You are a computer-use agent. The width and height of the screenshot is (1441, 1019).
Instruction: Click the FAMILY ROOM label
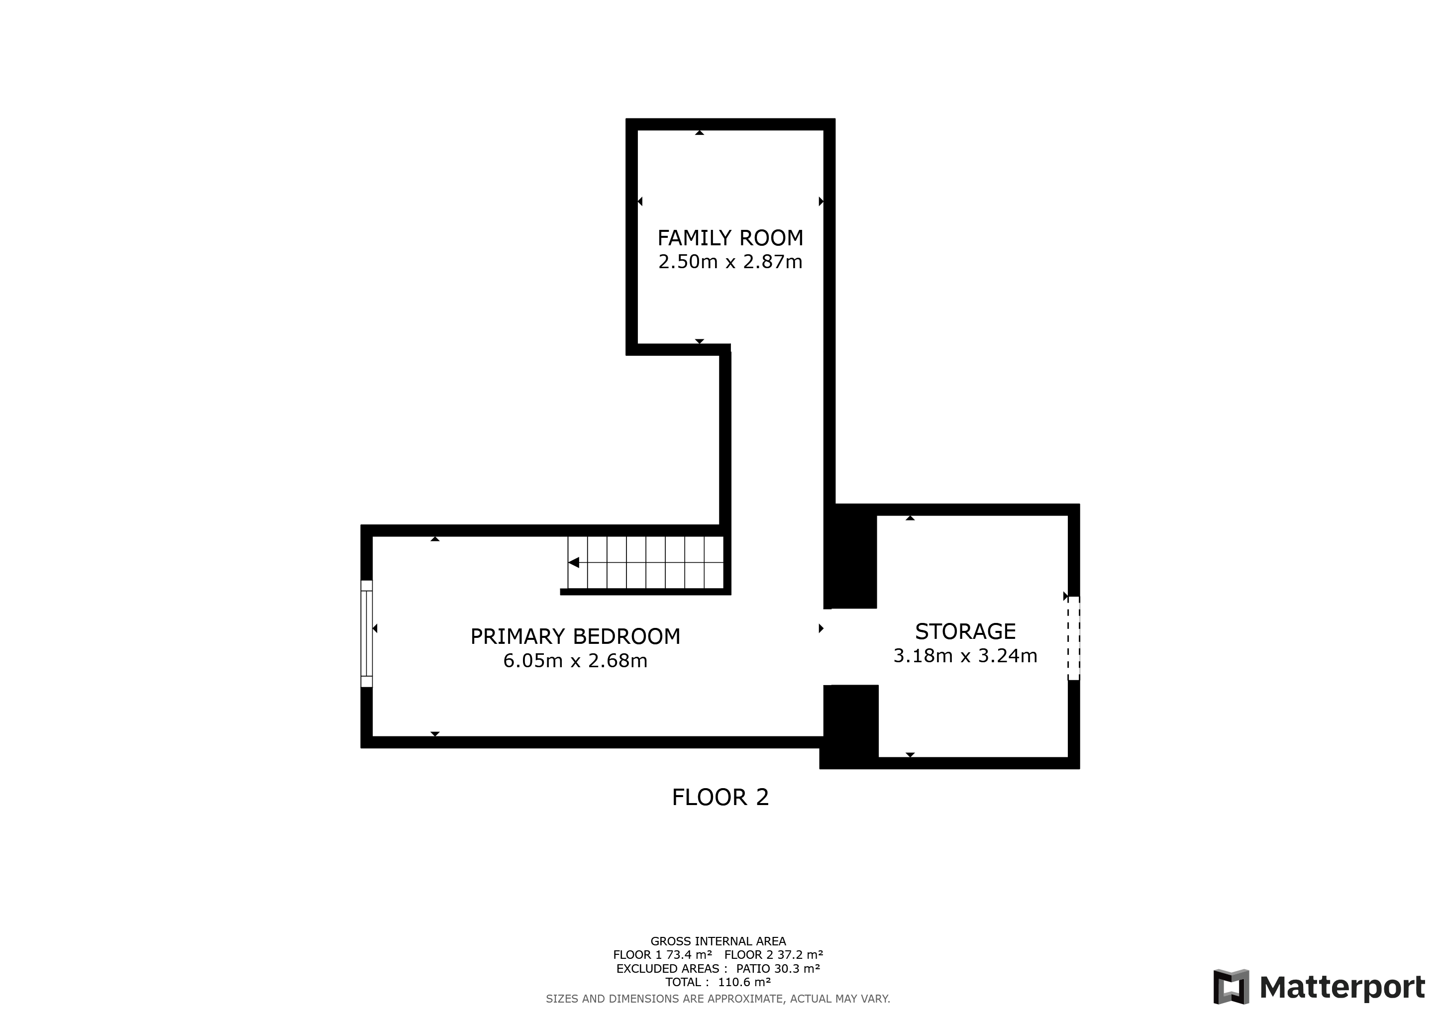pos(730,238)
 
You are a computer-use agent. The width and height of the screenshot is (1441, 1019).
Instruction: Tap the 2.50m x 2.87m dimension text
pos(730,262)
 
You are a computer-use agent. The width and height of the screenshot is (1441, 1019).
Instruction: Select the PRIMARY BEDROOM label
pos(575,636)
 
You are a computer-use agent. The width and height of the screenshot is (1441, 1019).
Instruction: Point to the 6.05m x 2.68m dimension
pos(575,661)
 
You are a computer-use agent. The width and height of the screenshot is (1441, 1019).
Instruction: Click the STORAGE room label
pos(965,631)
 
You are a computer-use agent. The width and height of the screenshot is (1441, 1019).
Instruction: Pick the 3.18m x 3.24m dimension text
pos(965,656)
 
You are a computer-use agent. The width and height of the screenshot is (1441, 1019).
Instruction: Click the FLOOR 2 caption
pos(720,798)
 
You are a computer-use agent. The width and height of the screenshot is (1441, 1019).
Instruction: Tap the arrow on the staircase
pos(574,563)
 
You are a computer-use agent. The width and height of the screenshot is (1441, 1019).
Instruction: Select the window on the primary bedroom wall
pos(367,634)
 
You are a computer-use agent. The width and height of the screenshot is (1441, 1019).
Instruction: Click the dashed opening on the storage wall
pos(1074,638)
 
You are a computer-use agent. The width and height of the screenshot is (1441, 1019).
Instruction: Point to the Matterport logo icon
pos(1231,987)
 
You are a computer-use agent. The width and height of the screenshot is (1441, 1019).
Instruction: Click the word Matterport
pos(1342,988)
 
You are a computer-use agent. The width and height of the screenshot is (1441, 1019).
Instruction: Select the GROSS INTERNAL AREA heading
pos(718,941)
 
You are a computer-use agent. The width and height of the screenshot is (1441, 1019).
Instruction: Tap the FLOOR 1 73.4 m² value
pos(663,955)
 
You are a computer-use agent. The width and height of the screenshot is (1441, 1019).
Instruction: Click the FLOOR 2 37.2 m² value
pos(774,955)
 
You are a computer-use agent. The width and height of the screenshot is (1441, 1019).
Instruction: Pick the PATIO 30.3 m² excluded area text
pos(778,968)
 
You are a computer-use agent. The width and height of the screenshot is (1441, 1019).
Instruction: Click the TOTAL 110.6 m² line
pos(718,982)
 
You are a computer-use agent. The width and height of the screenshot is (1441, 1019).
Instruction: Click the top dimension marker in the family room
pos(699,132)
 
